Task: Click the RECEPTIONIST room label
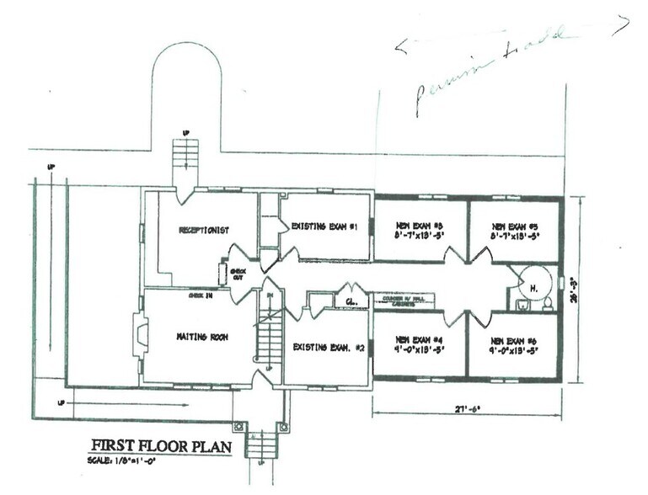tap(206, 230)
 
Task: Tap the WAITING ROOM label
tap(199, 338)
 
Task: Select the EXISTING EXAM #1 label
tap(325, 226)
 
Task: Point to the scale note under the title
tap(124, 460)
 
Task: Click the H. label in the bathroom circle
tap(533, 285)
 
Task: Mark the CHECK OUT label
tap(236, 273)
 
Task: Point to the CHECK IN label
tap(200, 296)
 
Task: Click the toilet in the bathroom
tap(548, 301)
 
